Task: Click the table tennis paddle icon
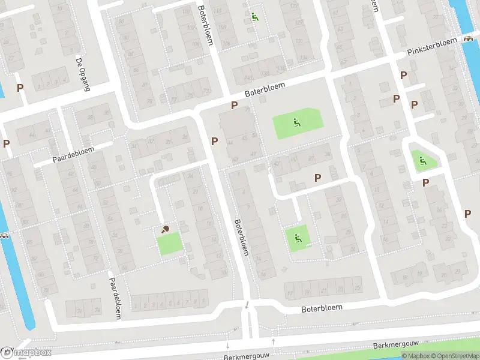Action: pyautogui.click(x=166, y=229)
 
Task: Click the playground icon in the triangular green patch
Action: pyautogui.click(x=423, y=160)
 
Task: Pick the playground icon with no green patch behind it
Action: pyautogui.click(x=254, y=17)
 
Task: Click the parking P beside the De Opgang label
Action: pyautogui.click(x=20, y=88)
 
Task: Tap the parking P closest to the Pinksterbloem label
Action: pyautogui.click(x=403, y=76)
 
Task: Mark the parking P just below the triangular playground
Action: pyautogui.click(x=426, y=182)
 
